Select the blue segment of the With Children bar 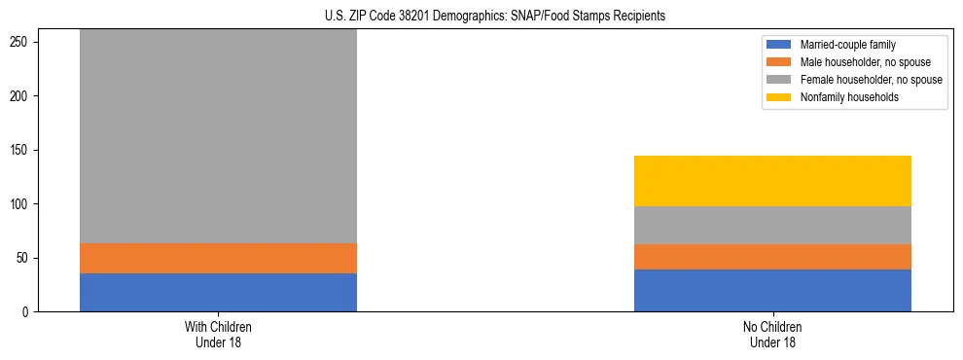[x=218, y=292]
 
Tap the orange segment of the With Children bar [x=218, y=258]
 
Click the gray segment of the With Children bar [x=218, y=136]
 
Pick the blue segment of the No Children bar [x=772, y=290]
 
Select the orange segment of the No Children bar [x=772, y=257]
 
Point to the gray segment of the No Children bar [x=772, y=225]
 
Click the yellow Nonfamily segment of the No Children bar [x=772, y=181]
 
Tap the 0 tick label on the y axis [x=28, y=312]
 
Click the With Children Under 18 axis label [x=218, y=335]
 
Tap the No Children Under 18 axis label [x=772, y=335]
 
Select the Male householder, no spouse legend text [x=858, y=62]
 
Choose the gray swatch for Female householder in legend [x=779, y=80]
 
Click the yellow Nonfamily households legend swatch [x=779, y=97]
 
